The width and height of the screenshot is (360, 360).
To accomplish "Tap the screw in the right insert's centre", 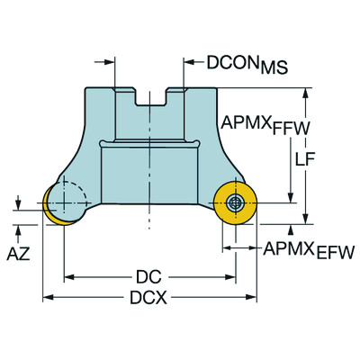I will coord(236,202).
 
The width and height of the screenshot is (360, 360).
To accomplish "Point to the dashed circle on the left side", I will coord(67,196).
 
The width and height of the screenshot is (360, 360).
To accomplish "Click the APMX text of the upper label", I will coord(242,121).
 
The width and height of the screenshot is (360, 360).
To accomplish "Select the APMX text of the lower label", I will coord(284,249).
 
